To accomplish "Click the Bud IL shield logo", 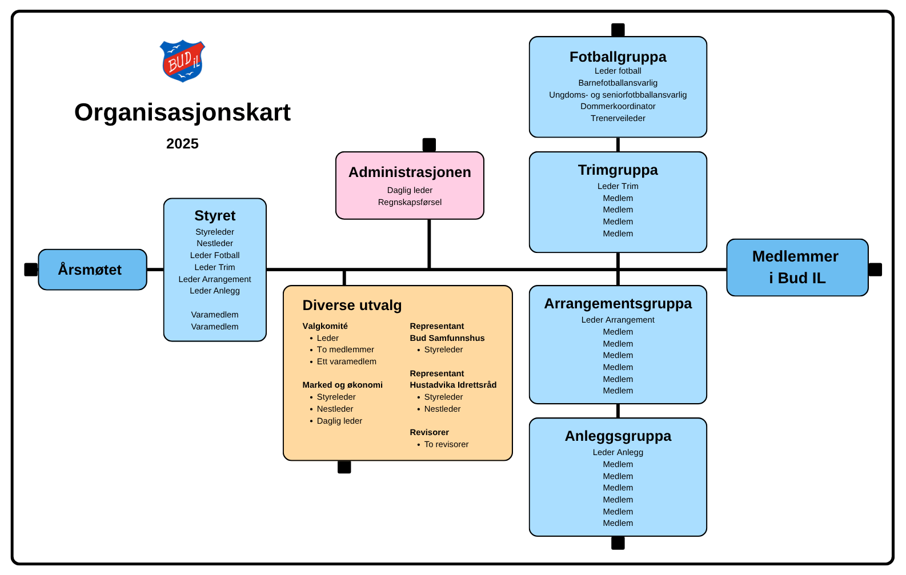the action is tap(182, 61).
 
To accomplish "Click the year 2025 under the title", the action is tap(182, 144).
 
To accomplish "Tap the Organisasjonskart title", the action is tap(182, 112).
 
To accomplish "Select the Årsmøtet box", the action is tap(93, 270).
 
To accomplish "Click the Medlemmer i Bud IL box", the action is tap(797, 268).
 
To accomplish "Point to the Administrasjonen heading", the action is tap(410, 172).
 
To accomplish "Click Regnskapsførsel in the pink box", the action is tap(410, 202).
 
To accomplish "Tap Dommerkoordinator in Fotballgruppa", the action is tap(618, 106).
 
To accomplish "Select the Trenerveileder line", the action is tap(618, 118).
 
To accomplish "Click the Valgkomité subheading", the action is tap(325, 326).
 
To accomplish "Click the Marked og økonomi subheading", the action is tap(342, 385).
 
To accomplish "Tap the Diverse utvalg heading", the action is tap(352, 305).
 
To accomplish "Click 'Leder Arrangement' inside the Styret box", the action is tap(215, 279).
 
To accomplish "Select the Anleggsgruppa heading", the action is tap(618, 436).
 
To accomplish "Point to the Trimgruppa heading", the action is tap(618, 170).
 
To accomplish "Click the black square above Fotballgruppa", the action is tap(618, 30).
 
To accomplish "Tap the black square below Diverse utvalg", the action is tap(344, 467).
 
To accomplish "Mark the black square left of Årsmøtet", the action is tap(31, 270).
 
